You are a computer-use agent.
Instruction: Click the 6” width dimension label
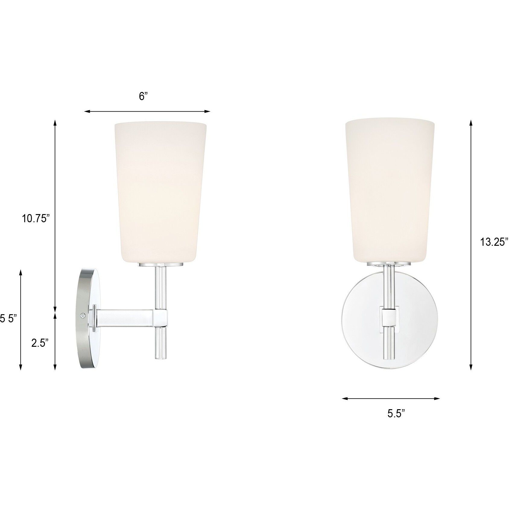(x=143, y=96)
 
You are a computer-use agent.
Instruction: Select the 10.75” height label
(x=35, y=218)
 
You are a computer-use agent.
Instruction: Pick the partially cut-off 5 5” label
(x=8, y=318)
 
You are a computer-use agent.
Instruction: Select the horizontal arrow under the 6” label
(x=147, y=112)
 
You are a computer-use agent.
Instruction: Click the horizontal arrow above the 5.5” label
(x=391, y=399)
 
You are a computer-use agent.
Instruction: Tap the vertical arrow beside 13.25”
(x=471, y=244)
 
